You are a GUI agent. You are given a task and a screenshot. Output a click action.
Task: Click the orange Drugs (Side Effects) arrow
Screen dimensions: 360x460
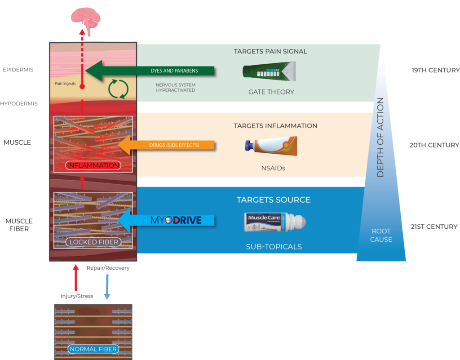tap(166, 145)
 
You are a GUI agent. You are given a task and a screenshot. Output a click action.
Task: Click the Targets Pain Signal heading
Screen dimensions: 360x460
tap(270, 52)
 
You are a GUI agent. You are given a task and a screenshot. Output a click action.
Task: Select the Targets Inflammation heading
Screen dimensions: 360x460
tap(275, 126)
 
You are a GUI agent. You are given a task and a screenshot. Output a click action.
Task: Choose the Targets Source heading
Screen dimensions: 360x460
tap(273, 200)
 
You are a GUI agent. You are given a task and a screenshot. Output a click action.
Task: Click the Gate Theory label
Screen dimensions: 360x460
tap(271, 92)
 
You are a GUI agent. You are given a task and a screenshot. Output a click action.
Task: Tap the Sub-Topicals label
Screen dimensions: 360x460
tap(274, 247)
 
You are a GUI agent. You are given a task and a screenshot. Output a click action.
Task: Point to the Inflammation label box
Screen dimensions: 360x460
tap(93, 165)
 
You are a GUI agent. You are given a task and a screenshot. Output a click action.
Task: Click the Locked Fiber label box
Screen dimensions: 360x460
tap(93, 242)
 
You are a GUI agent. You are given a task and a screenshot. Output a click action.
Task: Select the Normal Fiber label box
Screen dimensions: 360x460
tap(93, 349)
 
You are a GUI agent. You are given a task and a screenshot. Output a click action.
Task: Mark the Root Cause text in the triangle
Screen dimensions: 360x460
tap(381, 235)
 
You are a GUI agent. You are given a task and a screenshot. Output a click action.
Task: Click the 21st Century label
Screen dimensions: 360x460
tap(434, 227)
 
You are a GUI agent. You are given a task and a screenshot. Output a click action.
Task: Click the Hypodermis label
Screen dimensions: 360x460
tap(19, 103)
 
